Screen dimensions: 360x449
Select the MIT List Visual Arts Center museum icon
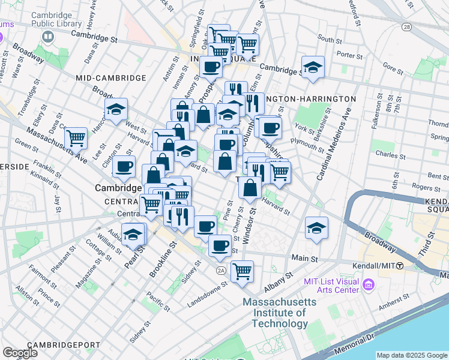[x=369, y=282]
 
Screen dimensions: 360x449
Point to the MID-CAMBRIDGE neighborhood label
[x=111, y=78]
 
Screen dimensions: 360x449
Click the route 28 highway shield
[x=406, y=28]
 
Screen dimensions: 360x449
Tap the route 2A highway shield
[x=221, y=271]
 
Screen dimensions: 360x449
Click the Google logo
[x=20, y=353]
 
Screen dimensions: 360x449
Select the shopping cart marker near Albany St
[x=242, y=271]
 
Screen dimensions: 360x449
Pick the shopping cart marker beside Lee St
[x=76, y=138]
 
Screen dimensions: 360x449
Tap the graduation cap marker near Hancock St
[x=116, y=109]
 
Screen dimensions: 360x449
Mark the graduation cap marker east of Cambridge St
[x=313, y=67]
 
